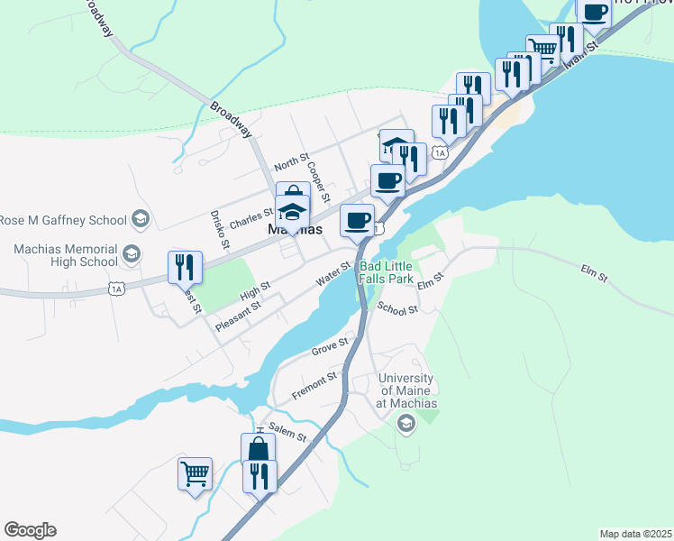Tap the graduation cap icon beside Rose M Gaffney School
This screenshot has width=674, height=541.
[x=140, y=218]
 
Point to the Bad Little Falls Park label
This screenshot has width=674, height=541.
[x=387, y=272]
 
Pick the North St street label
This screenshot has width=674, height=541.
[x=291, y=164]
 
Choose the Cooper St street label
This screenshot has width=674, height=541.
[x=319, y=181]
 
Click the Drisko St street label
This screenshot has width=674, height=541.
[x=221, y=229]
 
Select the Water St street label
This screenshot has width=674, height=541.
[x=332, y=275]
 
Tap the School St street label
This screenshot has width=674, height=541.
[x=397, y=309]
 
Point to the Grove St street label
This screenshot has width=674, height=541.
[x=329, y=346]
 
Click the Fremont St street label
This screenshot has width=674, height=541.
[x=314, y=387]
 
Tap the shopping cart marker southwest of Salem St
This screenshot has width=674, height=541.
[x=196, y=473]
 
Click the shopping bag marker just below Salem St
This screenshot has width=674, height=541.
[x=258, y=449]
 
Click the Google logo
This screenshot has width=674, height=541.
[x=30, y=530]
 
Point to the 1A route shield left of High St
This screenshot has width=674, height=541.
[x=115, y=289]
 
